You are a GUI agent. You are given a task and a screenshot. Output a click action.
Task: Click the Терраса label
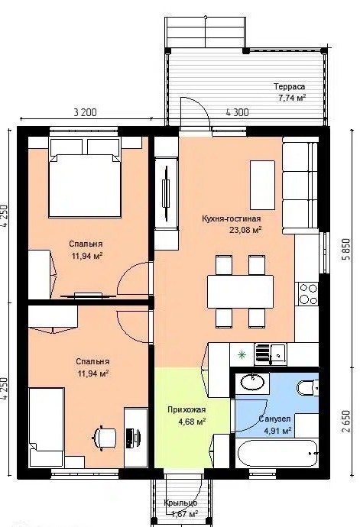(290, 86)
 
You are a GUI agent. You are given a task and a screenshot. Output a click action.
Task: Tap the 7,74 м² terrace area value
(292, 98)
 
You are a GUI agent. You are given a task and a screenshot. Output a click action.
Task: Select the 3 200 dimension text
(85, 112)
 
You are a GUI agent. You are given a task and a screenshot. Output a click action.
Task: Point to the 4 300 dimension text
(237, 112)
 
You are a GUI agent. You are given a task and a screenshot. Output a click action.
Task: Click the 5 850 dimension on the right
(346, 249)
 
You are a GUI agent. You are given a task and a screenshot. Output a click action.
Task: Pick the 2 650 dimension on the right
(346, 421)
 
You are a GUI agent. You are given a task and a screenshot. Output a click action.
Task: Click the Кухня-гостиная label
(231, 218)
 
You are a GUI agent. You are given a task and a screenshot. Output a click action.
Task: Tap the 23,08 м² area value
(245, 230)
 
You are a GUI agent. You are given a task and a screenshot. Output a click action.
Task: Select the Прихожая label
(186, 409)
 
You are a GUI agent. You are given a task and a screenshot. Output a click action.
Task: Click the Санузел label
(274, 419)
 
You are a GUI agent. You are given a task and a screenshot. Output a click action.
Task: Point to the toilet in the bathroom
(307, 388)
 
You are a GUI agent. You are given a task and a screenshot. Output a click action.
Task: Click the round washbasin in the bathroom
(252, 382)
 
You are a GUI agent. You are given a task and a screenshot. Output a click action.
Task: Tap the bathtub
(277, 452)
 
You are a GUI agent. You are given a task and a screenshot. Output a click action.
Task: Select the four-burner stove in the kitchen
(307, 294)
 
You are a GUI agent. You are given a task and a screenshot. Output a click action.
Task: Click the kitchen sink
(271, 354)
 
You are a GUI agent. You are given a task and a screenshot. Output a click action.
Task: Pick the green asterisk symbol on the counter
(242, 354)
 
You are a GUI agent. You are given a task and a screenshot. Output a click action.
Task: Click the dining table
(240, 292)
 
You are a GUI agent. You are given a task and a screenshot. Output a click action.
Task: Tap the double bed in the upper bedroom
(84, 178)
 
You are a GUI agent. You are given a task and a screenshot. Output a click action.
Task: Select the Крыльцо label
(180, 503)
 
